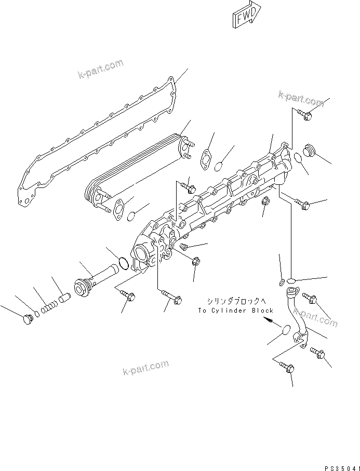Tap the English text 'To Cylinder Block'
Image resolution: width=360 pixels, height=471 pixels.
pyautogui.click(x=235, y=311)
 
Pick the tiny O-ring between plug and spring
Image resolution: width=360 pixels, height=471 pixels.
pyautogui.click(x=36, y=313)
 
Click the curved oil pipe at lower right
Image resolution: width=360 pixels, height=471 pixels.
pyautogui.click(x=296, y=317)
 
